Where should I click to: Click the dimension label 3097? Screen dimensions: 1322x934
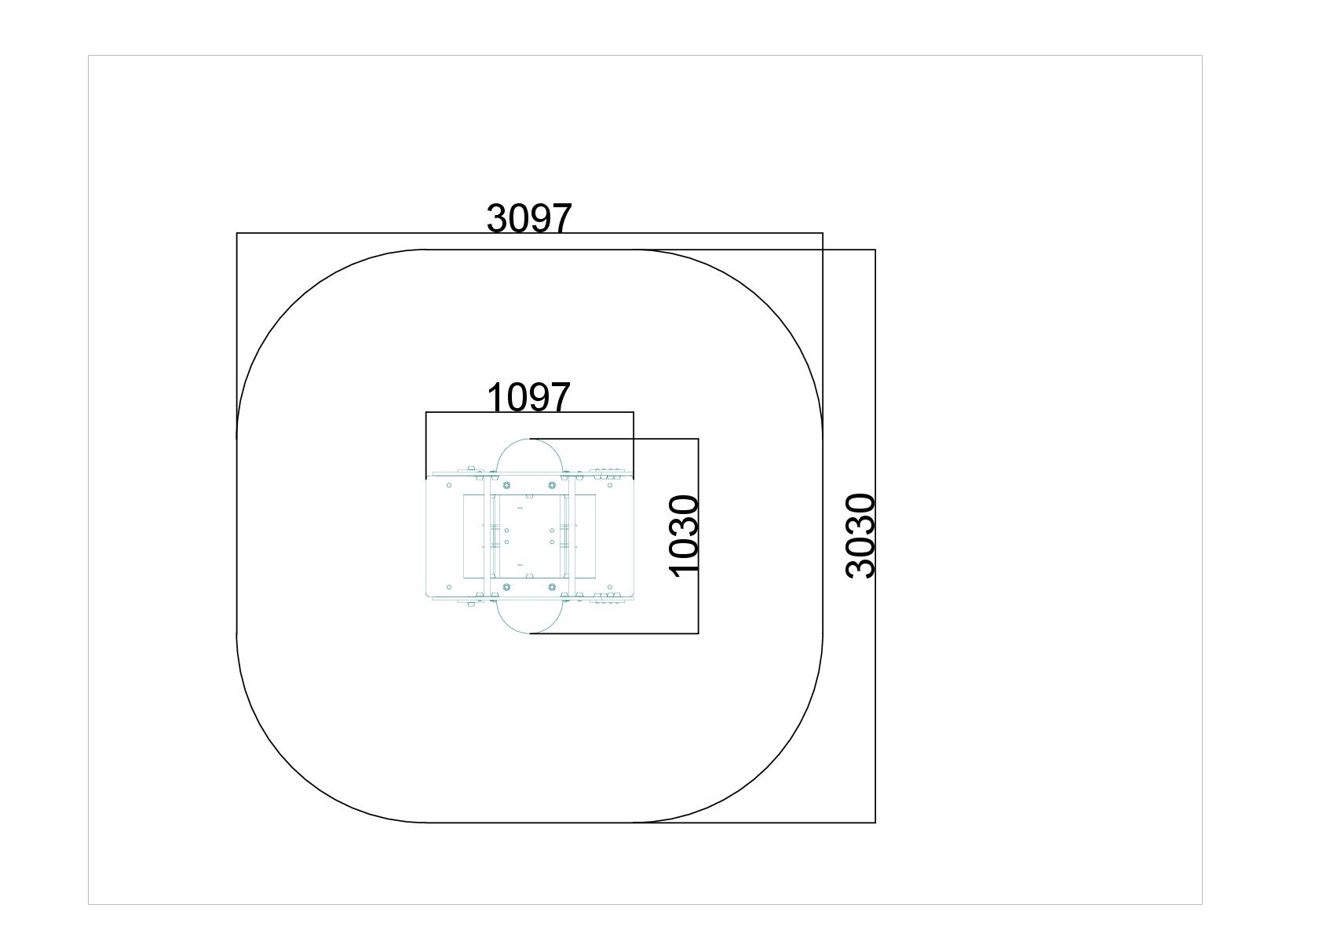[529, 217]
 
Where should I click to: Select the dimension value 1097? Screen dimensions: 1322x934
[529, 397]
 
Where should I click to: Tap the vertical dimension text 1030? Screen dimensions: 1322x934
[684, 536]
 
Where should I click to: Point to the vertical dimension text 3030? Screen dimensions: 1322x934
[860, 536]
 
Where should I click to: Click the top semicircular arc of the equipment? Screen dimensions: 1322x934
[530, 440]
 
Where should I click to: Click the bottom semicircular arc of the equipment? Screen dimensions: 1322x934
[530, 633]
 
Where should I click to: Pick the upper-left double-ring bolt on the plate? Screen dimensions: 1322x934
[506, 486]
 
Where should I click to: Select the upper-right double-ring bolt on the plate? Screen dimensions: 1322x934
[553, 486]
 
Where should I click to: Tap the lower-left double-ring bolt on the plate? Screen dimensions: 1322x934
[506, 587]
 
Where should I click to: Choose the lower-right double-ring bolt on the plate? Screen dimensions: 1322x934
[553, 587]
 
